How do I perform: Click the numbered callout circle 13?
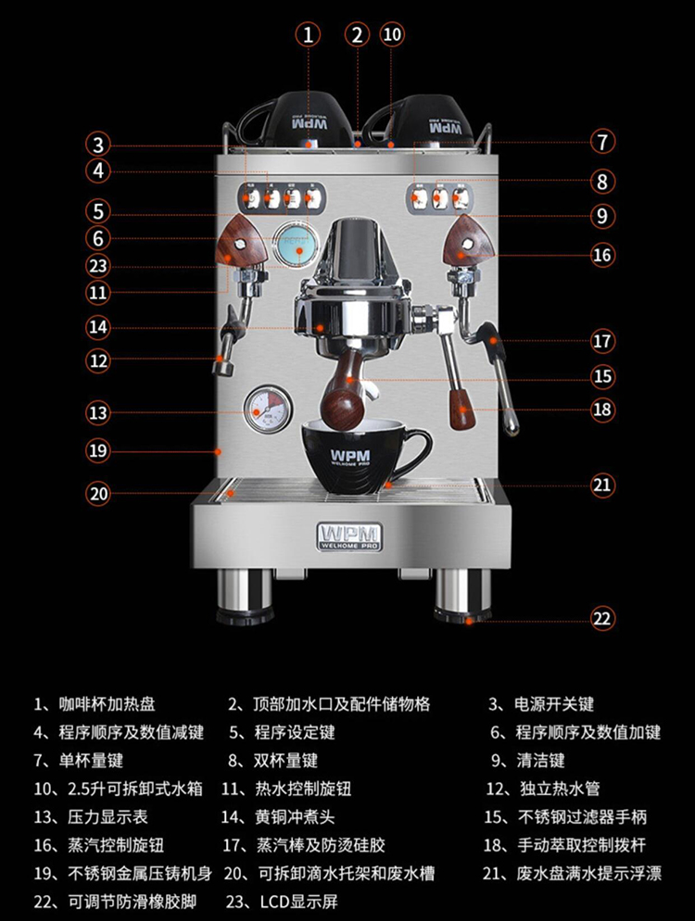99,410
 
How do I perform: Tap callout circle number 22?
602,617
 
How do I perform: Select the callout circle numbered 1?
309,34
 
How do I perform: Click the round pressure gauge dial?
268,410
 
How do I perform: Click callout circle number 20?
99,493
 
